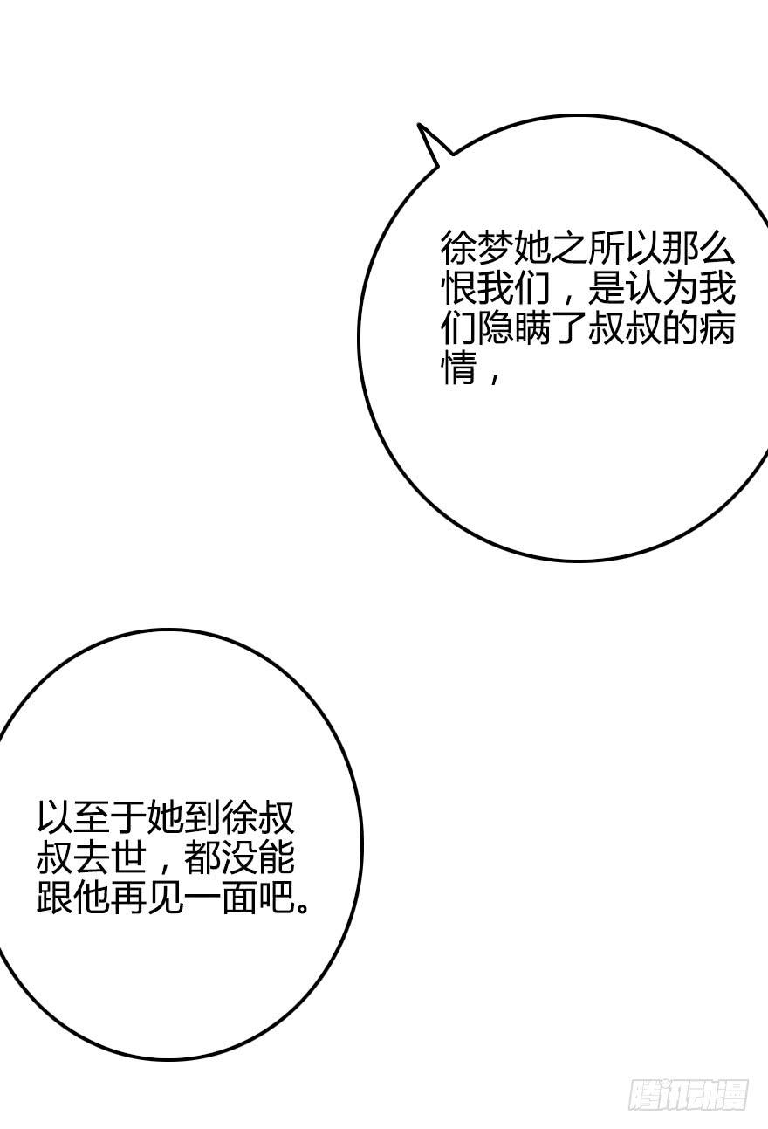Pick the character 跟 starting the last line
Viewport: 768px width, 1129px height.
[x=54, y=898]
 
